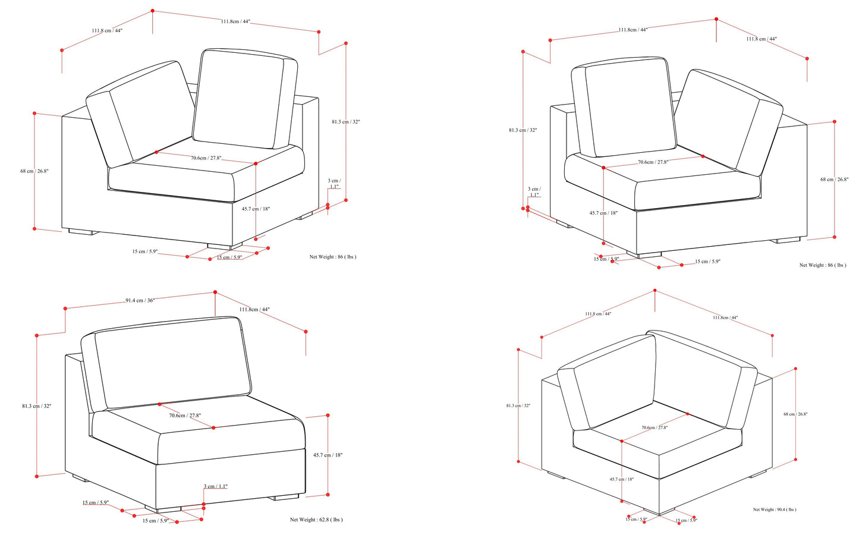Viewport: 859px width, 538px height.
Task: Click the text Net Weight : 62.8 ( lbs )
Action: point(316,520)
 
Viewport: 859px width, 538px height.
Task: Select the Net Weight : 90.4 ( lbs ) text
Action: point(774,509)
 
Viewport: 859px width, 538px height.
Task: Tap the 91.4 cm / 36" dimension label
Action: point(140,300)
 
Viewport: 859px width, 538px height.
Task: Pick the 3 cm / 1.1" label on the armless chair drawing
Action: point(216,486)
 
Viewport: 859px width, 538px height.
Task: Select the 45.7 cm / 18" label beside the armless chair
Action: point(328,455)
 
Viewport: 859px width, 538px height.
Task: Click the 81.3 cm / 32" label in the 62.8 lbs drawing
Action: point(36,405)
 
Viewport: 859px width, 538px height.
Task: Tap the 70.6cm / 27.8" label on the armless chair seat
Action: point(185,416)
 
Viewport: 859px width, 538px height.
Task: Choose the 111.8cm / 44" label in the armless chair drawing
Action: point(254,310)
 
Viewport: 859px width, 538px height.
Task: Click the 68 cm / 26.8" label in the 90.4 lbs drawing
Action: point(795,414)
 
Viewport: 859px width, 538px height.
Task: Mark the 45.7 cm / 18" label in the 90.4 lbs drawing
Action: point(622,479)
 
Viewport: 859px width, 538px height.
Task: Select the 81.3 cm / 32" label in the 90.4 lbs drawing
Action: point(518,405)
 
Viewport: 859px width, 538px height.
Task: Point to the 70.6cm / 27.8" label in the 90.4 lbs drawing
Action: point(655,427)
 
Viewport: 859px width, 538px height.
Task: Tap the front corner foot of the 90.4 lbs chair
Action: point(659,511)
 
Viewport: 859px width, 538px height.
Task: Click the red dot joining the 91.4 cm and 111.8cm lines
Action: point(215,292)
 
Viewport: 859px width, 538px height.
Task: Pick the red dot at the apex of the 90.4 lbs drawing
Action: point(655,291)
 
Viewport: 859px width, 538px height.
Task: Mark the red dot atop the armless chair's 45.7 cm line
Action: point(328,416)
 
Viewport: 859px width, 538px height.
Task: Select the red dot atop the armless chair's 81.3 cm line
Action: point(37,335)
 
